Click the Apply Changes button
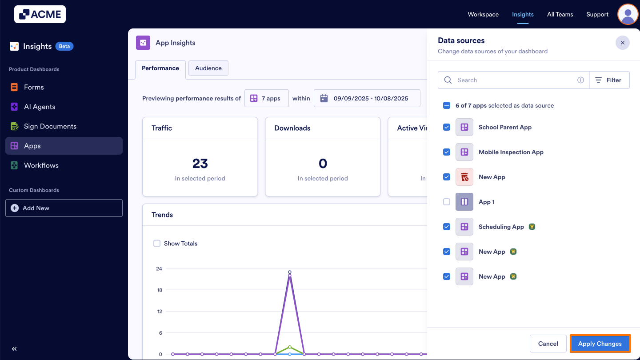(x=600, y=344)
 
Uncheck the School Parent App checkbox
(x=447, y=127)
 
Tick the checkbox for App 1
(x=447, y=202)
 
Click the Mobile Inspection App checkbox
(x=447, y=152)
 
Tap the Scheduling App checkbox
(x=447, y=227)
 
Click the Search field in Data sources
(x=516, y=80)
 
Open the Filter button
(x=609, y=80)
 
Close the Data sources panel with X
(x=622, y=43)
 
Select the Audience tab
(x=208, y=68)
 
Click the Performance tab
(x=160, y=68)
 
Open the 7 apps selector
(x=266, y=98)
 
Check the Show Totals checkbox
(x=157, y=243)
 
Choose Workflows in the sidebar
(x=41, y=165)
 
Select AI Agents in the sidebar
(x=40, y=107)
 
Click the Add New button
(x=64, y=208)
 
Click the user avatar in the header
(x=628, y=14)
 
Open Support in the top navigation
(x=597, y=14)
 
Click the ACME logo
(x=40, y=14)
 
